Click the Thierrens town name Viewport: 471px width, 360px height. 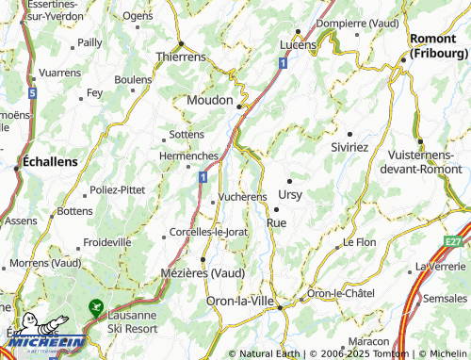pos(181,57)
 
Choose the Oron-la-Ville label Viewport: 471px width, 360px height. pos(239,301)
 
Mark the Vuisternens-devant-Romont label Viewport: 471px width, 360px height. pos(421,162)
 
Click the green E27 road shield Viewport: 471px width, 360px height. pos(456,241)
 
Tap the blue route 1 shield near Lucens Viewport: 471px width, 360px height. pos(283,62)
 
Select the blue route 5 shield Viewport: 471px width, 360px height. pos(32,94)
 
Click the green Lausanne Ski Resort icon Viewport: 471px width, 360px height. pos(95,306)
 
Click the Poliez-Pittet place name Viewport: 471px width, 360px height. pos(123,189)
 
